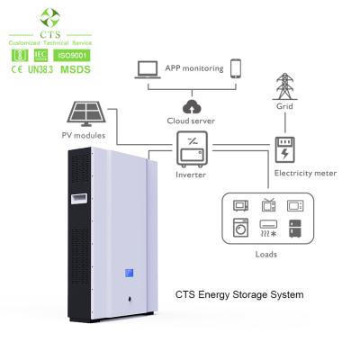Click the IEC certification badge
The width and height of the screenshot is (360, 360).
(40, 56)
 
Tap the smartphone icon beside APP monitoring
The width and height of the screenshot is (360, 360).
(235, 68)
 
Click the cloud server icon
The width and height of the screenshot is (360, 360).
(190, 102)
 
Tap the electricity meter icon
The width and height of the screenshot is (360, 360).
(286, 148)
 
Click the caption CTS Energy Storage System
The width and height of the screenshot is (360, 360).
(238, 293)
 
